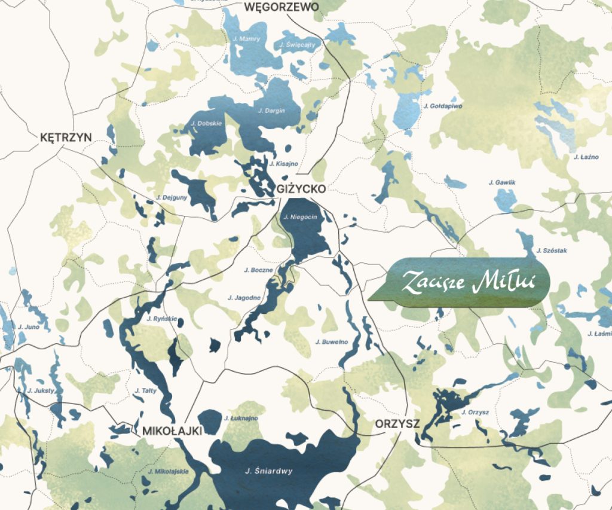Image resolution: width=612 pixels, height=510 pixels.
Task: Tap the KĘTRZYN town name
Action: (x=66, y=138)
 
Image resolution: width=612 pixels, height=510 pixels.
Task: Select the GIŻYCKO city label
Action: (x=302, y=189)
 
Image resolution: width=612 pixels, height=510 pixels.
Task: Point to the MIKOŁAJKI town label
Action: (x=172, y=430)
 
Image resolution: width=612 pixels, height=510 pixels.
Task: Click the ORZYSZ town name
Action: (x=397, y=424)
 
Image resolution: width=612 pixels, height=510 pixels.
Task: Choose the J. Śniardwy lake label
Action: (x=269, y=471)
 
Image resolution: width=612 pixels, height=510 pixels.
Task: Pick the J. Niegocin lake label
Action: (x=300, y=217)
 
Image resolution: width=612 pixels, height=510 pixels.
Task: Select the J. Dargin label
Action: (x=271, y=111)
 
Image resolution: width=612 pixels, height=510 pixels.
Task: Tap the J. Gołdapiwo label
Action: (x=442, y=106)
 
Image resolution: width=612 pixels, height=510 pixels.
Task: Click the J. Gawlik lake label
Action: (x=501, y=182)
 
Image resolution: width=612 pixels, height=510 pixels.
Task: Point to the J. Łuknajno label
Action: (x=241, y=418)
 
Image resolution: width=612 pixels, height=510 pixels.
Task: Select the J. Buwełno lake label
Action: (x=331, y=342)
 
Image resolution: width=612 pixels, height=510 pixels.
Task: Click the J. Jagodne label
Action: (x=244, y=297)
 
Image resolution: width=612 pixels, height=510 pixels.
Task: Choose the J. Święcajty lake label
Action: (x=296, y=45)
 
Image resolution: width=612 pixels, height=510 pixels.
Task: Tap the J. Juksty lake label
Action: (x=41, y=390)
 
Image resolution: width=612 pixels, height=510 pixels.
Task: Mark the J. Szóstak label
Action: (x=552, y=250)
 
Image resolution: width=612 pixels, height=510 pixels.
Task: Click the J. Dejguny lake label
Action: (x=172, y=197)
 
